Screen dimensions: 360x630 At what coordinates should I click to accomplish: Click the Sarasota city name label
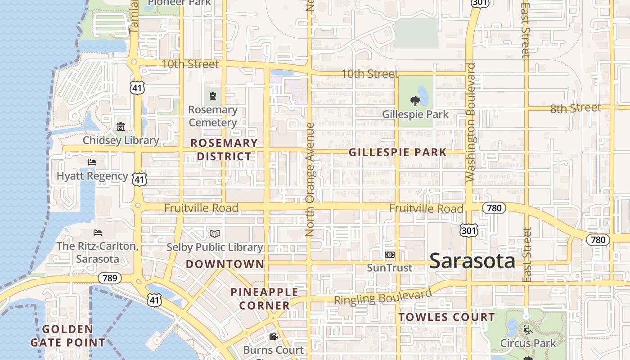click(472, 261)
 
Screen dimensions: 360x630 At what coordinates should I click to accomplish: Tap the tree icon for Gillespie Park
click(415, 101)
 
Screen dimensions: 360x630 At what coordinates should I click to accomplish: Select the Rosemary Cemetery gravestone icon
click(212, 96)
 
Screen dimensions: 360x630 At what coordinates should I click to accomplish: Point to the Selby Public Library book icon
click(215, 234)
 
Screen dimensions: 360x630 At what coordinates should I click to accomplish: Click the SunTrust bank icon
click(390, 255)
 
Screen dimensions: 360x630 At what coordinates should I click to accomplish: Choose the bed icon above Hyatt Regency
click(92, 162)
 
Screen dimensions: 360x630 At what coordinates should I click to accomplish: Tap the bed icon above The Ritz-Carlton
click(97, 233)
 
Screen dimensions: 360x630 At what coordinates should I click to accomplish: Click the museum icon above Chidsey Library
click(120, 127)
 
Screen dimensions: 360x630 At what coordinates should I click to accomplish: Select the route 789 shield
click(110, 278)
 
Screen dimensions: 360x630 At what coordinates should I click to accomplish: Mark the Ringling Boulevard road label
click(382, 297)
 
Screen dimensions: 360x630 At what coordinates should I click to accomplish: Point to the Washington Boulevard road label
click(471, 122)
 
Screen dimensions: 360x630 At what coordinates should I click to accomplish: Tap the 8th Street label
click(576, 108)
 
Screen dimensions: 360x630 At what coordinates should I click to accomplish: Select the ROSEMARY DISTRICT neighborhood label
click(224, 150)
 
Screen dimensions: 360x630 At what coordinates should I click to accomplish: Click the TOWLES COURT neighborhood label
click(446, 317)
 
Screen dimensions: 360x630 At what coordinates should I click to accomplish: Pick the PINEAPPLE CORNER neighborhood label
click(264, 299)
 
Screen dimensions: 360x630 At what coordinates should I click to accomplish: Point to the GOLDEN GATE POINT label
click(67, 336)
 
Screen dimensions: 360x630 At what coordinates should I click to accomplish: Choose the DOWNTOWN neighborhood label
click(225, 264)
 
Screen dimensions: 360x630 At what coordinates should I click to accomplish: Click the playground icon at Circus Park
click(527, 330)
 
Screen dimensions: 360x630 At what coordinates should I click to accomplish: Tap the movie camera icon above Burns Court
click(273, 336)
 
